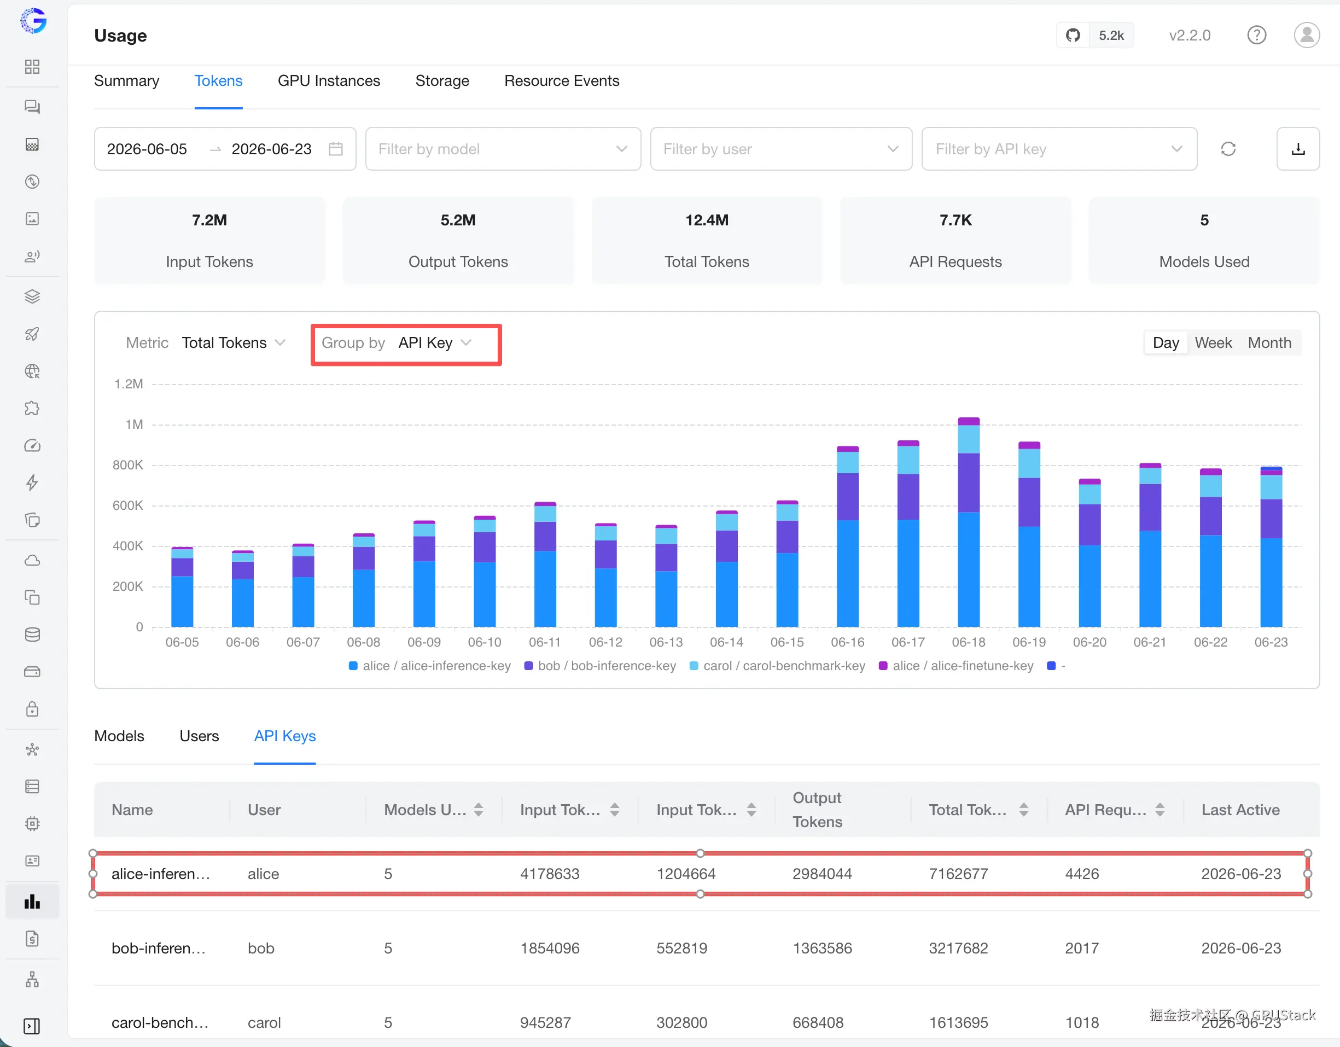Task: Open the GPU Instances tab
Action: tap(329, 81)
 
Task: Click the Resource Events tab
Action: tap(561, 81)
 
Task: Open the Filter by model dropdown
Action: tap(503, 149)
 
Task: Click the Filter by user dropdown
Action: tap(781, 149)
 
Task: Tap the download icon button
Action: tap(1298, 149)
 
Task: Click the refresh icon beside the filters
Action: tap(1228, 149)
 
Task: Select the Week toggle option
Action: tap(1213, 343)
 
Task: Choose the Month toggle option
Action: tap(1269, 343)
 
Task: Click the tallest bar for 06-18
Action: tap(969, 522)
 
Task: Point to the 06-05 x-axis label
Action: tap(182, 643)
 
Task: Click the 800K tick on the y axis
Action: tap(127, 465)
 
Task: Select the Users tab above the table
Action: tap(200, 736)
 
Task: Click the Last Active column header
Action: tap(1240, 810)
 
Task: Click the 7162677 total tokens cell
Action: tap(958, 874)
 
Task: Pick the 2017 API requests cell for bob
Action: tap(1082, 949)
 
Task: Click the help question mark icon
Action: tap(1256, 35)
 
